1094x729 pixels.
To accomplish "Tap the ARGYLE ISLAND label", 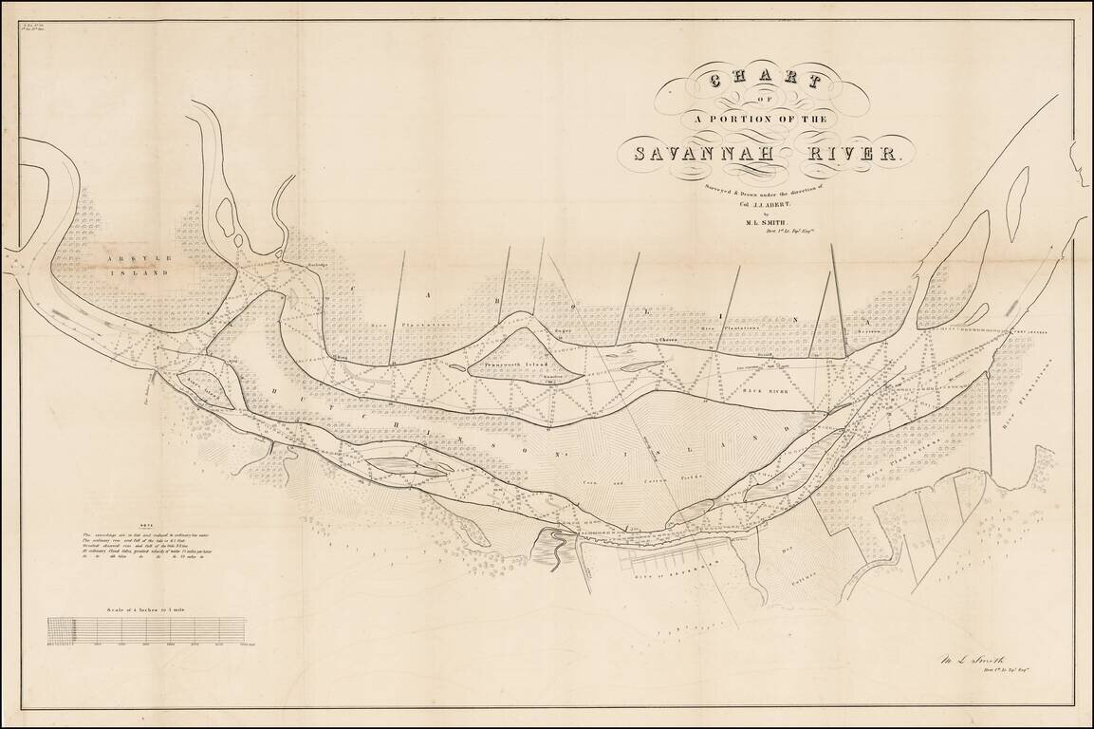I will tap(139, 265).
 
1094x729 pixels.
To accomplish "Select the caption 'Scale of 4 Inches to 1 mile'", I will tap(147, 608).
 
